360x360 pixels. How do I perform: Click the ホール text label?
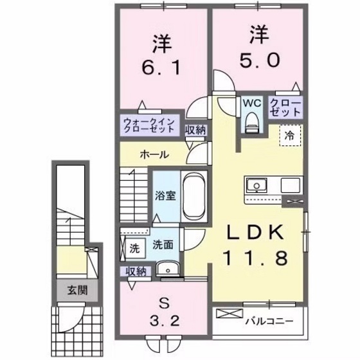click(x=154, y=155)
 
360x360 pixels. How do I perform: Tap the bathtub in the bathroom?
click(x=193, y=197)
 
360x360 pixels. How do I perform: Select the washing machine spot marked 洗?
click(x=134, y=248)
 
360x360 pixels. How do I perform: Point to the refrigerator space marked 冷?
click(x=289, y=136)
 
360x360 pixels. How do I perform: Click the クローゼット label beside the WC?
click(x=283, y=107)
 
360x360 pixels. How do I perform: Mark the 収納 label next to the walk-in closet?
click(x=196, y=130)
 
